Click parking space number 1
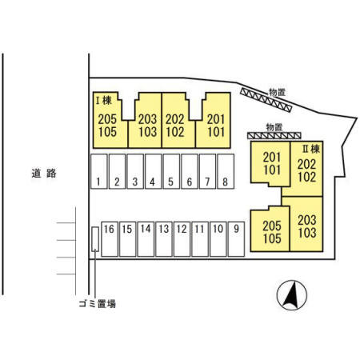(99, 171)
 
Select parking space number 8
(226, 171)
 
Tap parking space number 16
(110, 239)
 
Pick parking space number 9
(236, 239)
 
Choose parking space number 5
(171, 171)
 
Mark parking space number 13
(164, 239)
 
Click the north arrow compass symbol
(292, 295)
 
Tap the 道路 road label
(44, 174)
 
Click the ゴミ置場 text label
(98, 304)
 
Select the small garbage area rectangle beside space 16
(95, 239)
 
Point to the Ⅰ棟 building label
(104, 101)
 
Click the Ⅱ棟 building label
(311, 149)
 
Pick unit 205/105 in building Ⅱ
(270, 229)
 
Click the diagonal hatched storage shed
(266, 100)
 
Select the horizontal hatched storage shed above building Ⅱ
(274, 136)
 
